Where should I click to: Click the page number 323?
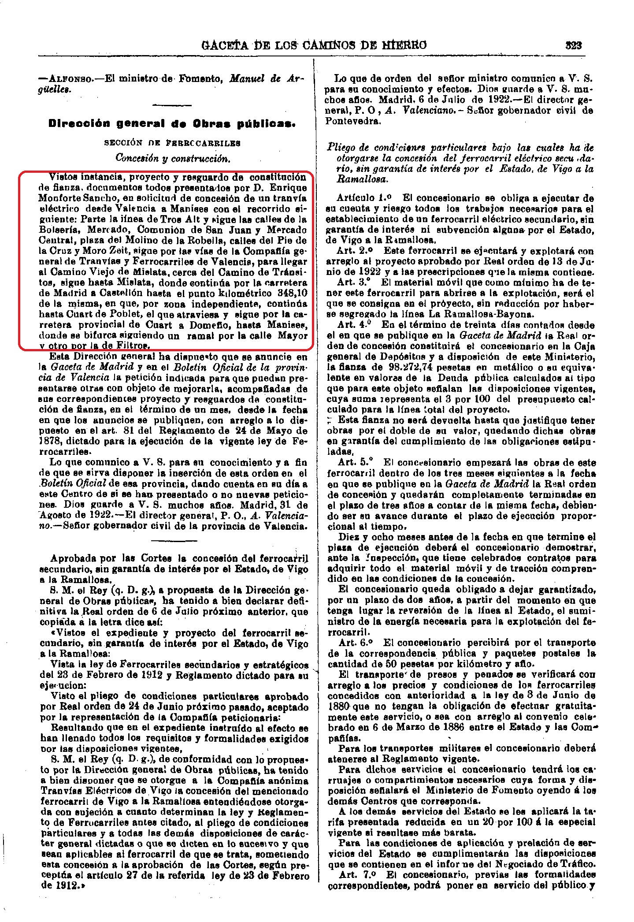tap(574, 45)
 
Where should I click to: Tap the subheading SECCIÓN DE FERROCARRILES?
tap(172, 143)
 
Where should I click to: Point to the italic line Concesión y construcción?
tap(173, 158)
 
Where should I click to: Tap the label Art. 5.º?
tap(356, 462)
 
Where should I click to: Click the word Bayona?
tap(517, 314)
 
